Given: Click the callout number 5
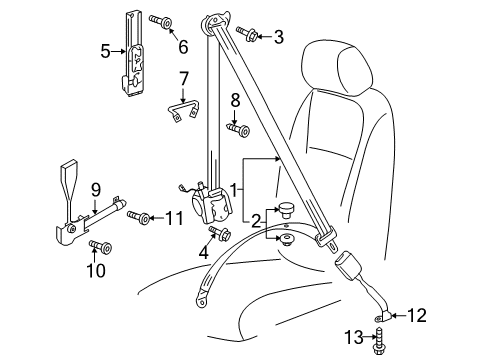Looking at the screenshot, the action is pyautogui.click(x=105, y=52).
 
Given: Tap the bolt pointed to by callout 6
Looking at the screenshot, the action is pyautogui.click(x=161, y=21).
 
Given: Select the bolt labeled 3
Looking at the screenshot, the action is pyautogui.click(x=247, y=34).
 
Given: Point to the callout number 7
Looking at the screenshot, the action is pyautogui.click(x=183, y=79).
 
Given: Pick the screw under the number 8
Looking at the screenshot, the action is pyautogui.click(x=238, y=129).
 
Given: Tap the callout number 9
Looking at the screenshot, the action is pyautogui.click(x=95, y=190).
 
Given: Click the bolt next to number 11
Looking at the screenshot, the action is pyautogui.click(x=138, y=217).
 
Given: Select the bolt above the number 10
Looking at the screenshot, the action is pyautogui.click(x=100, y=247).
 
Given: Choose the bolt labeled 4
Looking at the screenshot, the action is pyautogui.click(x=220, y=233).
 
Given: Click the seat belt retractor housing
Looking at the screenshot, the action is pyautogui.click(x=212, y=206).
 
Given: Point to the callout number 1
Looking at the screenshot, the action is pyautogui.click(x=235, y=190).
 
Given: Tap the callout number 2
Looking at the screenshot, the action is pyautogui.click(x=256, y=221).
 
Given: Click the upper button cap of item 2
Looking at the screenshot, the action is pyautogui.click(x=286, y=210).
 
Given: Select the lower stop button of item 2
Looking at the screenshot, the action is pyautogui.click(x=285, y=240).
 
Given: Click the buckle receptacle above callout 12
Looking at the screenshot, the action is pyautogui.click(x=348, y=265).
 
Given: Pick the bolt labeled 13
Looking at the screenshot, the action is pyautogui.click(x=379, y=342).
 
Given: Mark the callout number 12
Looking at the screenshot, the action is pyautogui.click(x=417, y=315).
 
